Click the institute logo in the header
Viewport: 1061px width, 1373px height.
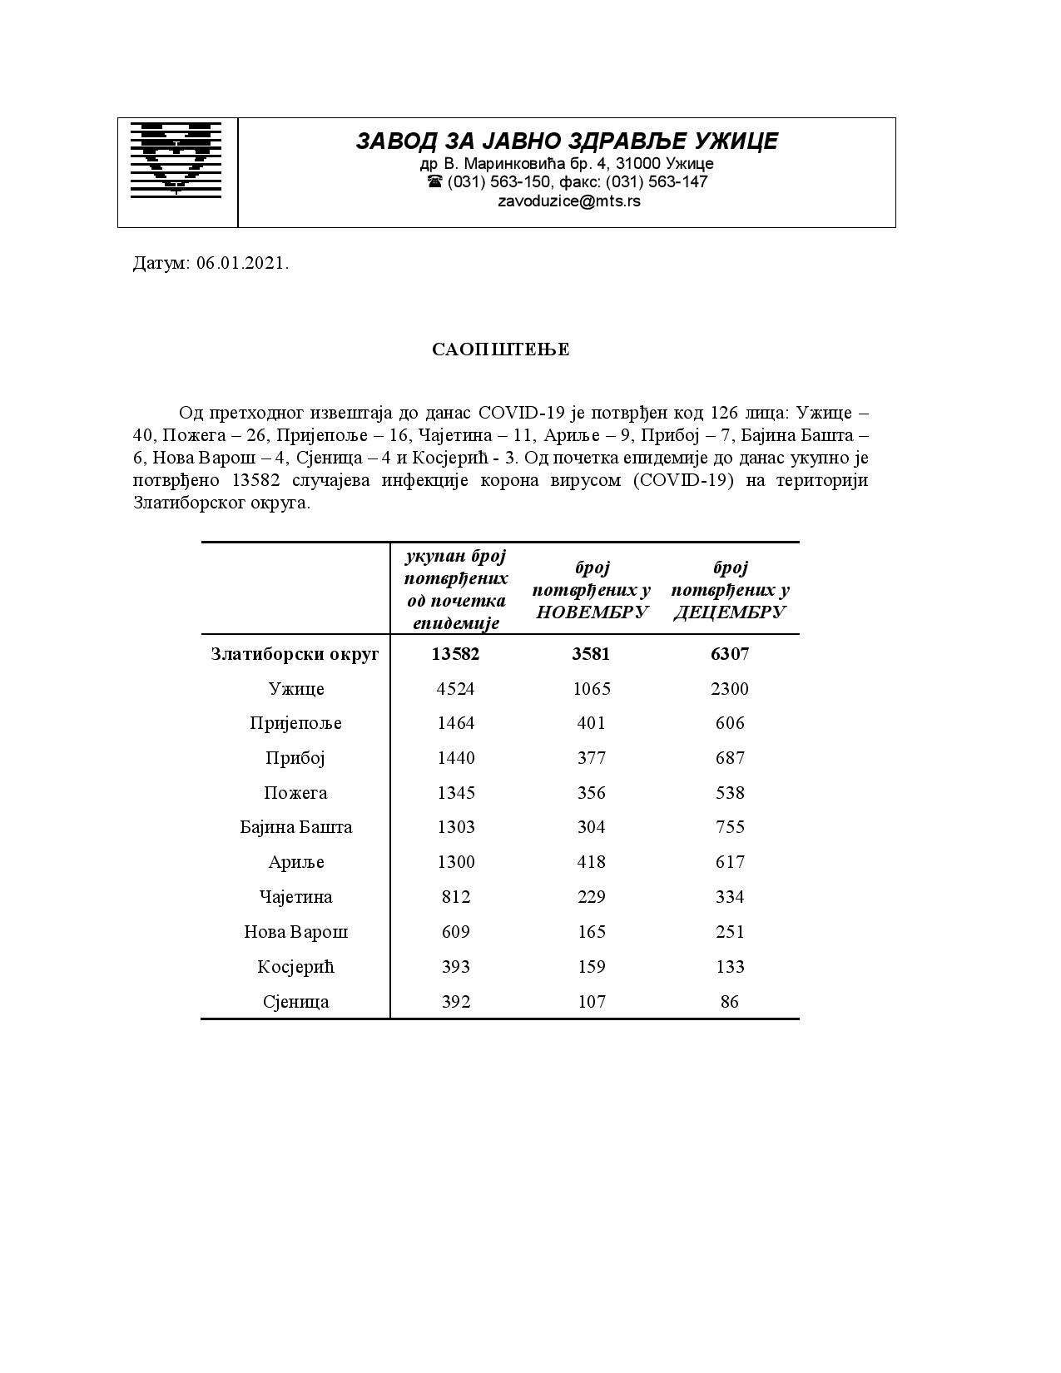176,160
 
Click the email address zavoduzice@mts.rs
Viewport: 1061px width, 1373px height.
569,201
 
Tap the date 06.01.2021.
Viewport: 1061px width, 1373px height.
242,264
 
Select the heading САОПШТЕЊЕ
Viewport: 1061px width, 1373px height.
500,349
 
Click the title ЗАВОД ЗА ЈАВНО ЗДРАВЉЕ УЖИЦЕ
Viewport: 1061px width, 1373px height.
567,141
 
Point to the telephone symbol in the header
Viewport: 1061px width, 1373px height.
434,181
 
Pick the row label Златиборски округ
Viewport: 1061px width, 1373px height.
295,654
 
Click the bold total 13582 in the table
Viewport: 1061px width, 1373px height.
455,654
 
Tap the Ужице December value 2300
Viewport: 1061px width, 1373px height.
730,689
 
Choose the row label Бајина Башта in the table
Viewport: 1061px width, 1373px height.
295,827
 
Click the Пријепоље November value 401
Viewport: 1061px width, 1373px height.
591,723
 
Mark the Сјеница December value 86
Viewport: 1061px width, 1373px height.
730,1002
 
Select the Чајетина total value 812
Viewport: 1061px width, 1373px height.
456,897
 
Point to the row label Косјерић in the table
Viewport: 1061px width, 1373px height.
295,967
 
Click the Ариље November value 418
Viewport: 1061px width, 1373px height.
591,862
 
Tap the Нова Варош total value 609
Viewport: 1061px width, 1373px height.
456,932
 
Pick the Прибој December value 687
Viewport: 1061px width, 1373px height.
730,758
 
